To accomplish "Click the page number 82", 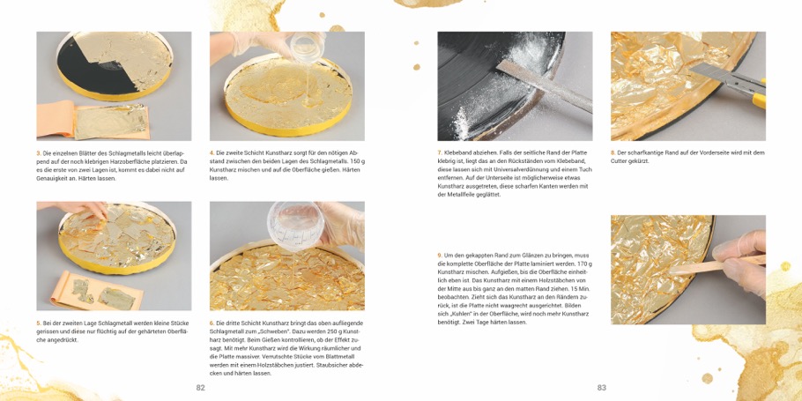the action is pyautogui.click(x=201, y=388).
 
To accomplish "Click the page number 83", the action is pyautogui.click(x=601, y=388).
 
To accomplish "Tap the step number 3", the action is pyautogui.click(x=39, y=153).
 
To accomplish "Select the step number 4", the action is pyautogui.click(x=212, y=153).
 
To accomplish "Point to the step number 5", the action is pyautogui.click(x=39, y=323).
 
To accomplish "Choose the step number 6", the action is pyautogui.click(x=212, y=323).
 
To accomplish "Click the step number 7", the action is pyautogui.click(x=440, y=153).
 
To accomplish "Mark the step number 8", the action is pyautogui.click(x=613, y=153).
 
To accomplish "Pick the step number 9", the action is pyautogui.click(x=440, y=256).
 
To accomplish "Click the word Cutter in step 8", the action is pyautogui.click(x=620, y=161).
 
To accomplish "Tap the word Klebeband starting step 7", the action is pyautogui.click(x=457, y=153).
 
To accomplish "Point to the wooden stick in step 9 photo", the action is pyautogui.click(x=716, y=265).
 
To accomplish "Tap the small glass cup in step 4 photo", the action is pyautogui.click(x=304, y=47).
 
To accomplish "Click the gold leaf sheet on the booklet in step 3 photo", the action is pyautogui.click(x=110, y=121).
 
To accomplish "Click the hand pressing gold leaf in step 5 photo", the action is pyautogui.click(x=77, y=208).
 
